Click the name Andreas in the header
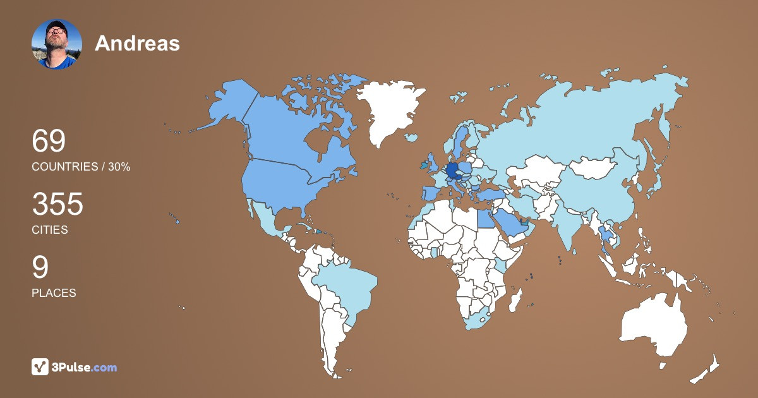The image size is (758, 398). point(137,44)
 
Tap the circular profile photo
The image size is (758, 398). point(57,44)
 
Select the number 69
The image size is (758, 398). point(49,141)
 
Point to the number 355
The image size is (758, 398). point(57,205)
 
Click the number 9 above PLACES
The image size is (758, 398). point(40,268)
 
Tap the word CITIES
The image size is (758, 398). point(50,230)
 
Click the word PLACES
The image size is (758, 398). point(54,293)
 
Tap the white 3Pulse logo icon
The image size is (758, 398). point(40,366)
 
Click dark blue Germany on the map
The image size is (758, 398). point(452,171)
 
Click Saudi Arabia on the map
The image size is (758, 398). point(508,221)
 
